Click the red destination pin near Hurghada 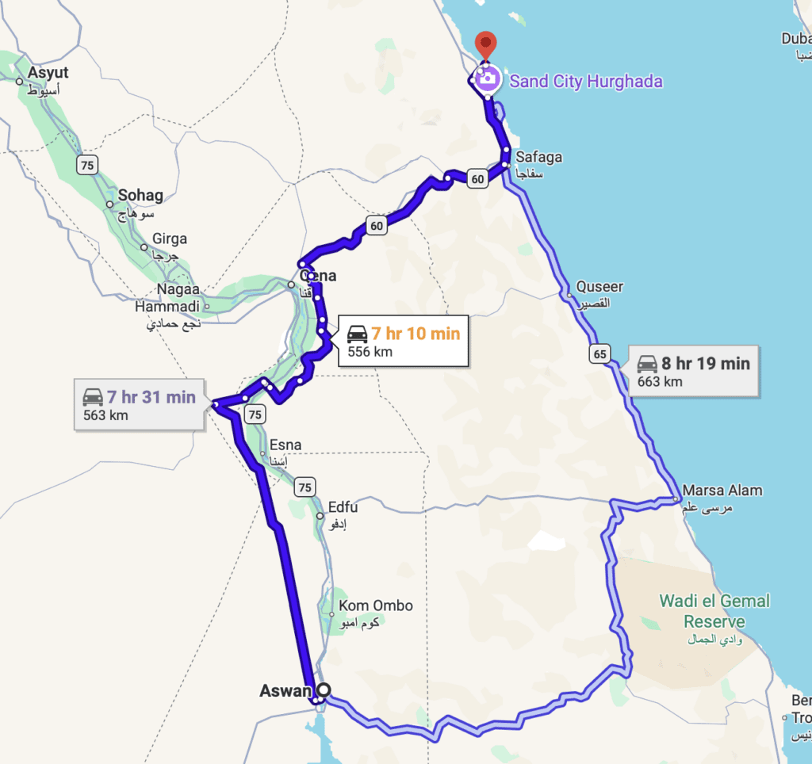point(484,44)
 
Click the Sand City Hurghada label point(585,81)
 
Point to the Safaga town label point(538,157)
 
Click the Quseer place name point(599,287)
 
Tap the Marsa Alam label point(722,490)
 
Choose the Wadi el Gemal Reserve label point(714,611)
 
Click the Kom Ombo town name point(376,605)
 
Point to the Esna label point(285,445)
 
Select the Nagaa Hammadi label point(168,298)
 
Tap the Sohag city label point(140,195)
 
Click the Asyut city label point(48,73)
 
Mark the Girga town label point(170,239)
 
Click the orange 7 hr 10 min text point(416,334)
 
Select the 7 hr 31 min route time point(151,397)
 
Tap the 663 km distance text point(660,382)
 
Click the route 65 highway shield point(599,353)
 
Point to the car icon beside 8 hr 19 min point(648,364)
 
